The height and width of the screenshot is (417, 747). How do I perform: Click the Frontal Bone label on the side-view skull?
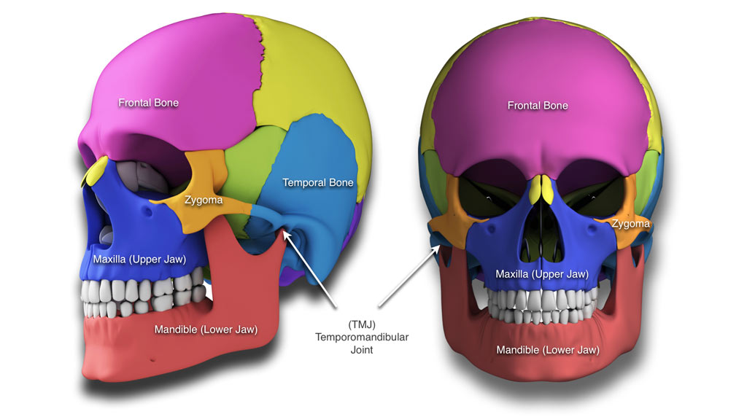tap(148, 103)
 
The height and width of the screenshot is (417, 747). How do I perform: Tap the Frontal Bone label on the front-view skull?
tap(538, 106)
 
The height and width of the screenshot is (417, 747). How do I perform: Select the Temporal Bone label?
tap(317, 182)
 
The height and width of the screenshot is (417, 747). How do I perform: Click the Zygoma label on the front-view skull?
tap(631, 224)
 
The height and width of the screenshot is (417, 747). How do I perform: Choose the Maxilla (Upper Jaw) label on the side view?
tap(139, 259)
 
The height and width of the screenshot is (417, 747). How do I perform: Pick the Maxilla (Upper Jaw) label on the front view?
tap(542, 274)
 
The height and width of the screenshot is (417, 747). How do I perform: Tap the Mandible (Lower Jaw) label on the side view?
tap(206, 330)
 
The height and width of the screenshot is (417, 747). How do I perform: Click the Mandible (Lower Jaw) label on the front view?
tap(548, 350)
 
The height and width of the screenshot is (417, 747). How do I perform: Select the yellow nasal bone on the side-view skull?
tap(94, 173)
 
